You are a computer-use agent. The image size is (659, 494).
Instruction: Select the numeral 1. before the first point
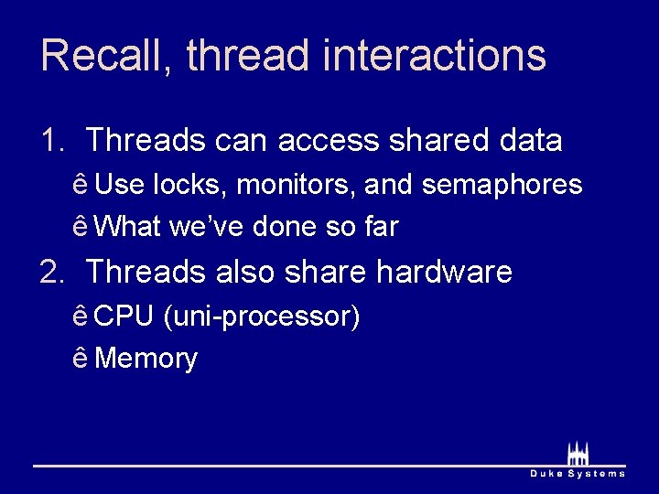52,141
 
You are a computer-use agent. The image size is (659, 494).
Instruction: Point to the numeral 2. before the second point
52,272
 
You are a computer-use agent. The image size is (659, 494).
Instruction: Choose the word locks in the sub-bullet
190,185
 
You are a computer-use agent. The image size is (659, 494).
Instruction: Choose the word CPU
124,317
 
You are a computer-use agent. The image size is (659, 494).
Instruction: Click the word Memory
146,359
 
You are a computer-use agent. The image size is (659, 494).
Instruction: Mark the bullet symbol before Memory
81,358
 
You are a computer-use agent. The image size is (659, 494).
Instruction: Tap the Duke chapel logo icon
578,453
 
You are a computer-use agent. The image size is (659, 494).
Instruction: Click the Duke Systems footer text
578,473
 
